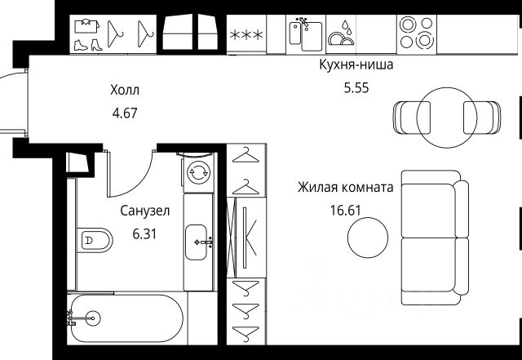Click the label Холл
[x=125, y=91]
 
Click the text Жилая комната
[x=346, y=187]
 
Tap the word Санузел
[x=144, y=211]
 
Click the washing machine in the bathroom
[x=198, y=172]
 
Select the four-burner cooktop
[x=417, y=33]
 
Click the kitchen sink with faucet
[x=303, y=33]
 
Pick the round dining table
[x=445, y=113]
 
